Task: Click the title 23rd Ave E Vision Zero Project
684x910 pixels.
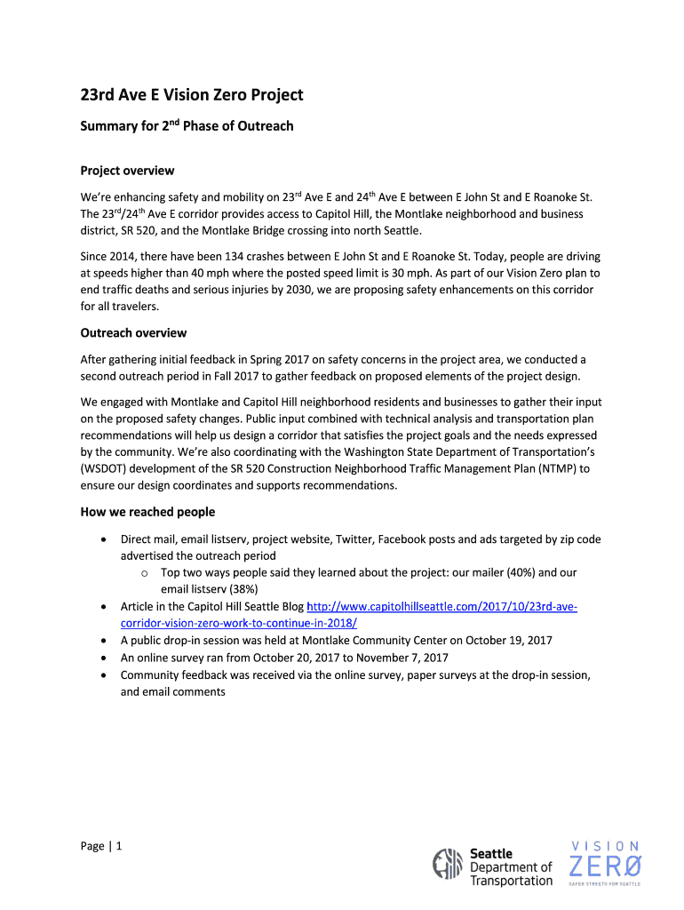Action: coord(191,95)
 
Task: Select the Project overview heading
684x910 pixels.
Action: coord(127,171)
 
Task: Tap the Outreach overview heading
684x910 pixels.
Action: coord(133,333)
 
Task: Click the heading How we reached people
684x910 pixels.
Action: coord(147,512)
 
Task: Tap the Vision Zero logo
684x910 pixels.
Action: coord(604,862)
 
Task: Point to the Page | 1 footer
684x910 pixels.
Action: coord(100,846)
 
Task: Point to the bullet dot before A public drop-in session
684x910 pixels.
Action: coord(107,641)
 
